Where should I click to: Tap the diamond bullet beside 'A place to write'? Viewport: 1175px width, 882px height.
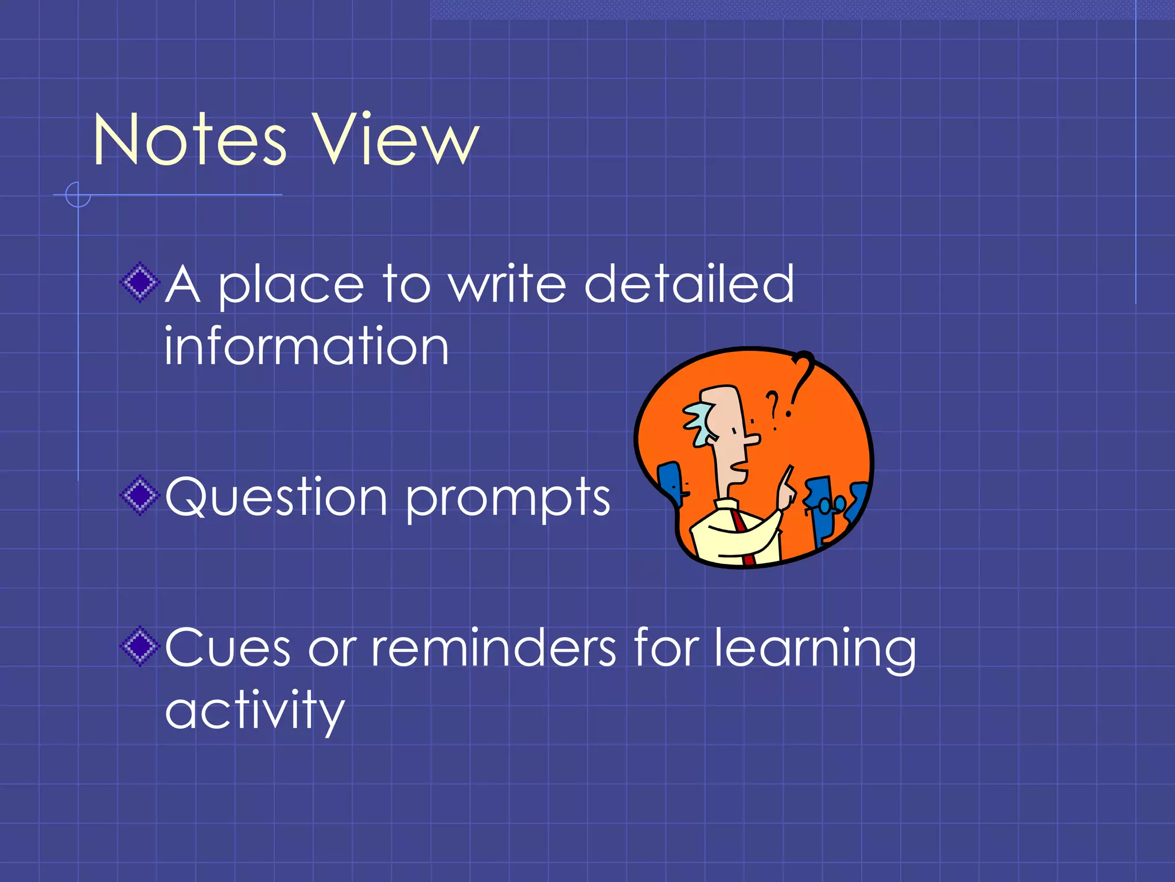[139, 282]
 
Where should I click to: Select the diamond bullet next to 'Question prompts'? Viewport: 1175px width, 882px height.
[139, 495]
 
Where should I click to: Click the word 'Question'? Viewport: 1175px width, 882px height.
[276, 497]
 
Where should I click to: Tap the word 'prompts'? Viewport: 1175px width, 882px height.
[508, 498]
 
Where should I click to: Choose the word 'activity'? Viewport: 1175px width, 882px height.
[255, 711]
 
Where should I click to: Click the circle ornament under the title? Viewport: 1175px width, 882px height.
[78, 195]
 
